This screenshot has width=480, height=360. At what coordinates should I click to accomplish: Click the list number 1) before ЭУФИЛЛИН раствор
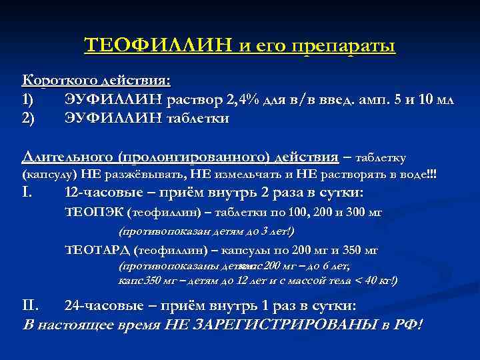29,100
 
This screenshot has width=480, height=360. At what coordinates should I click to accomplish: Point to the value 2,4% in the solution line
242,100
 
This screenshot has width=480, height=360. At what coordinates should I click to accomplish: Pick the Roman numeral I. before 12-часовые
27,193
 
